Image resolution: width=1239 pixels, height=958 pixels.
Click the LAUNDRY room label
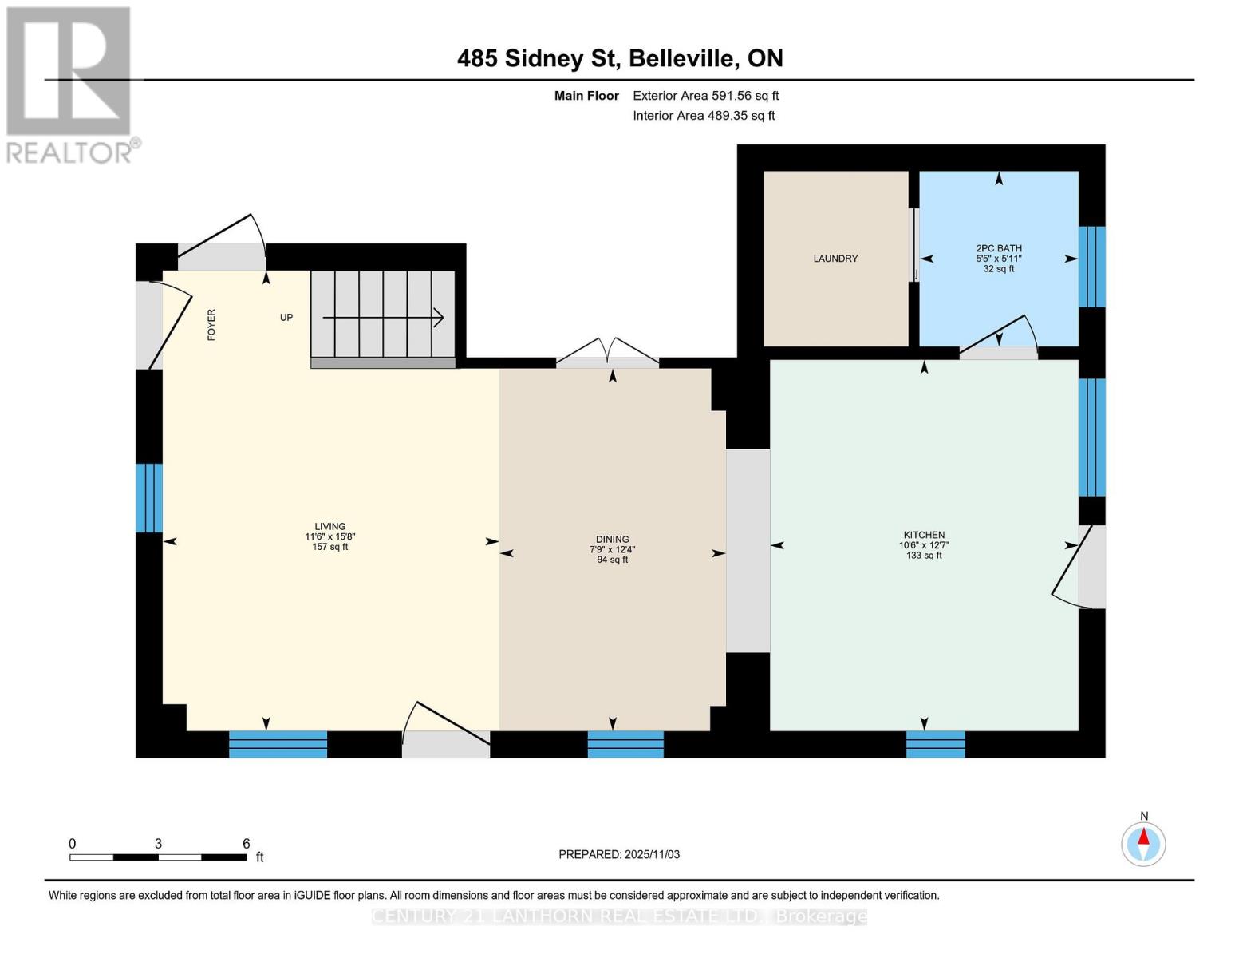(x=835, y=259)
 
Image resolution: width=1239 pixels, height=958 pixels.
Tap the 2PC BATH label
(x=998, y=248)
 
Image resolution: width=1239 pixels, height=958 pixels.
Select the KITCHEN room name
(x=924, y=535)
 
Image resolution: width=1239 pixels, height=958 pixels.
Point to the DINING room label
(x=612, y=540)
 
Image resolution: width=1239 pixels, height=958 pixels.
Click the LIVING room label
(x=329, y=527)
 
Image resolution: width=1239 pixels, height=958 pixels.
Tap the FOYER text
(x=211, y=325)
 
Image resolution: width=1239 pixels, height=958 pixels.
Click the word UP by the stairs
(x=286, y=318)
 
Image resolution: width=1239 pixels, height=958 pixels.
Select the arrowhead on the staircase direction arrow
(x=438, y=318)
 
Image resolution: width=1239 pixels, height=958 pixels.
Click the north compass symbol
(x=1143, y=843)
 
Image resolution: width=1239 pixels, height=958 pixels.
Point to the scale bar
(x=158, y=857)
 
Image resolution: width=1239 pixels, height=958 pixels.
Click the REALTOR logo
(x=70, y=84)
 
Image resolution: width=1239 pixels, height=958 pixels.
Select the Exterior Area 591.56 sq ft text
(x=705, y=96)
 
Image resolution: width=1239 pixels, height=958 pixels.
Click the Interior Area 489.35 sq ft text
(x=704, y=116)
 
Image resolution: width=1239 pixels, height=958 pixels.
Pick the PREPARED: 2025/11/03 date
(x=619, y=854)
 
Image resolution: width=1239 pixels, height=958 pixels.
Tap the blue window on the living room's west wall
(x=149, y=498)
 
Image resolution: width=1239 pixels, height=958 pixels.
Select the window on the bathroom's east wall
(x=1091, y=267)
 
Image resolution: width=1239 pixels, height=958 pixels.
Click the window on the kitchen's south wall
(x=935, y=744)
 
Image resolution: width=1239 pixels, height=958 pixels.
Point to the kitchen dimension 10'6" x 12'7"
(x=924, y=545)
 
